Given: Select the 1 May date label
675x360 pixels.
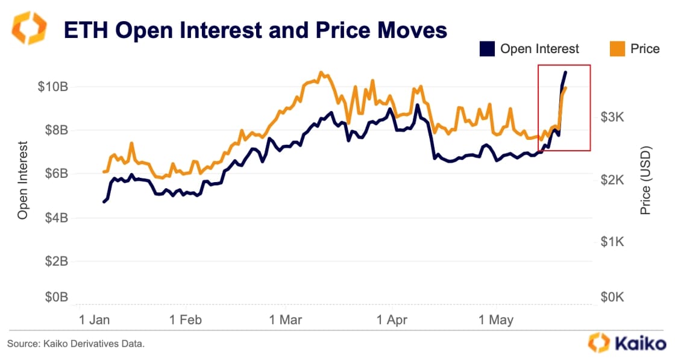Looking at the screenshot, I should pyautogui.click(x=496, y=320).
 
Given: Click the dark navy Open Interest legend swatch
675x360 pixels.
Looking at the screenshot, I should pyautogui.click(x=487, y=49).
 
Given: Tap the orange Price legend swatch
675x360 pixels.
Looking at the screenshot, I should pyautogui.click(x=617, y=49).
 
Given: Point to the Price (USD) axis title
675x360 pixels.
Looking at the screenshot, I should pyautogui.click(x=646, y=180).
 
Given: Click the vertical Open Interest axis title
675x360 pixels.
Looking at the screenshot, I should pyautogui.click(x=23, y=180).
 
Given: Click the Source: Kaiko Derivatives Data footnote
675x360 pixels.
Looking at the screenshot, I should pyautogui.click(x=76, y=344).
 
